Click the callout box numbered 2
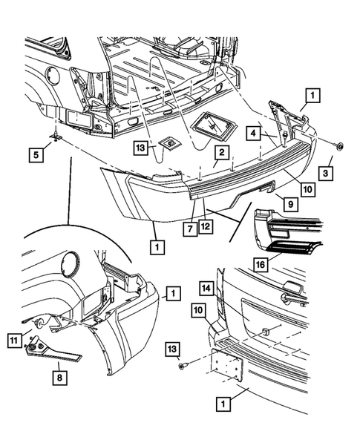click(222, 152)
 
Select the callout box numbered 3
click(326, 174)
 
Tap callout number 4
click(253, 133)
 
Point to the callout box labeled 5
click(36, 154)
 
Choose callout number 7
click(190, 229)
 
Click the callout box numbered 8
click(59, 378)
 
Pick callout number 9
click(291, 204)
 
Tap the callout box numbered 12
click(206, 226)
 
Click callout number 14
click(206, 289)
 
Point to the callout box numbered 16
click(261, 264)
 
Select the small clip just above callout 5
click(56, 136)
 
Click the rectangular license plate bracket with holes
click(227, 365)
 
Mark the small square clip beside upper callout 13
click(170, 143)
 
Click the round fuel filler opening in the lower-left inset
click(71, 263)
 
